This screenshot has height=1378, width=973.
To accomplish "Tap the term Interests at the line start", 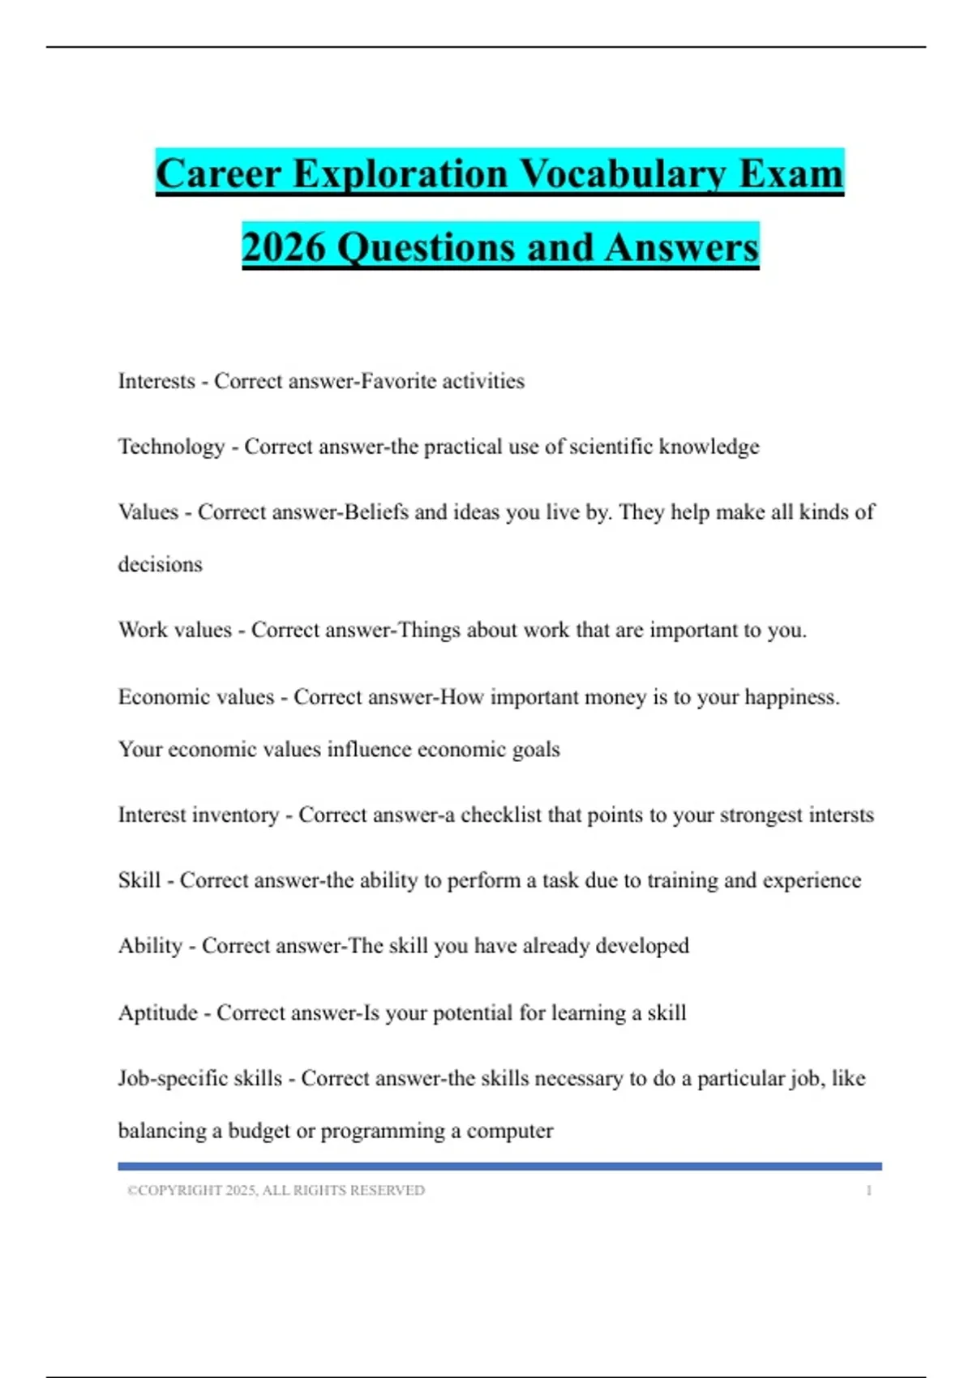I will (156, 381).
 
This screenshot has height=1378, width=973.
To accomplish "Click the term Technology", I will (171, 447).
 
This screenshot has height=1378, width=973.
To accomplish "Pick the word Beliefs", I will (376, 512).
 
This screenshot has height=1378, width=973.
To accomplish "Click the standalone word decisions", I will (160, 564).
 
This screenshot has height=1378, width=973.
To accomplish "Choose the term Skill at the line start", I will (139, 880).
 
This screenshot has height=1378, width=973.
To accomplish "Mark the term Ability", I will (150, 946).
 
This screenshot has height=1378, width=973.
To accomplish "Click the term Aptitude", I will (158, 1012).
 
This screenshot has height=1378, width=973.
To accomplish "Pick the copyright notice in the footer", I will (276, 1190).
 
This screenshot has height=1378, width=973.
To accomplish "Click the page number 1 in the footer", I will (868, 1190).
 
